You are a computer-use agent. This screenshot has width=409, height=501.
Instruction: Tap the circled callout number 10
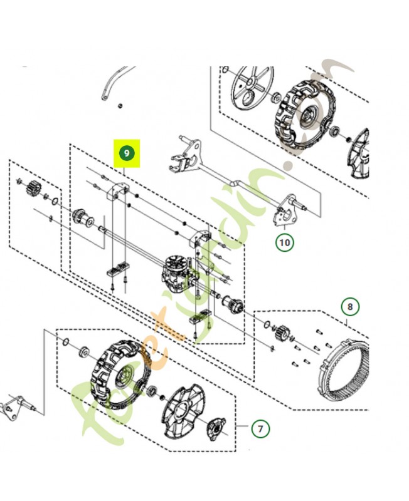285,242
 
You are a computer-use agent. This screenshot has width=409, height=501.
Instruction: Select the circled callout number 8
351,307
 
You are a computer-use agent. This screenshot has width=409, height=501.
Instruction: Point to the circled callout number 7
260,429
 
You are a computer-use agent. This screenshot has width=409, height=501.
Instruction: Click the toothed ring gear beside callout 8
344,370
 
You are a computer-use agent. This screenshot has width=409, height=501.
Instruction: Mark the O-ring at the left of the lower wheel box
65,341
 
